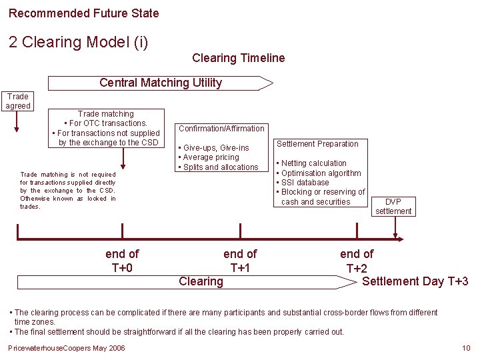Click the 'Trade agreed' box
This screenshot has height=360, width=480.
[17, 101]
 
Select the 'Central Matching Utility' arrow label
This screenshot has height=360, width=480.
[160, 83]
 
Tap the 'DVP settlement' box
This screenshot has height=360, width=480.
[393, 206]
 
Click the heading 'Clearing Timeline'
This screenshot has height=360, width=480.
[238, 58]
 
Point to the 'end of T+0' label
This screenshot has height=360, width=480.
[122, 261]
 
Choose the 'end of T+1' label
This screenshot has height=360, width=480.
[240, 261]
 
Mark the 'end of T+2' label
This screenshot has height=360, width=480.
[357, 261]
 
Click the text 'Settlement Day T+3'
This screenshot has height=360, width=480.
[415, 281]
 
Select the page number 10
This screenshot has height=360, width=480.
[466, 349]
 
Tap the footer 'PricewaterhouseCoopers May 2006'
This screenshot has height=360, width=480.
[66, 349]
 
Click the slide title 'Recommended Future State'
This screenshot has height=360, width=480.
[84, 13]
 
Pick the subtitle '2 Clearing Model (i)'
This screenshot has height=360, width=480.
[78, 42]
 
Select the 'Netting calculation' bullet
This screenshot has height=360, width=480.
[313, 163]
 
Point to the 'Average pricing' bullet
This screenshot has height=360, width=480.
[211, 157]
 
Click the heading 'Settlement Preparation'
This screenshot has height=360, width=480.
[317, 143]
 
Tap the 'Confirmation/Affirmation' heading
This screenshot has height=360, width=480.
[221, 128]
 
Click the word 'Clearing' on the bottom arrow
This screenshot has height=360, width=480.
[201, 281]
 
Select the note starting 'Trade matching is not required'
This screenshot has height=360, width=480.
[67, 190]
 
